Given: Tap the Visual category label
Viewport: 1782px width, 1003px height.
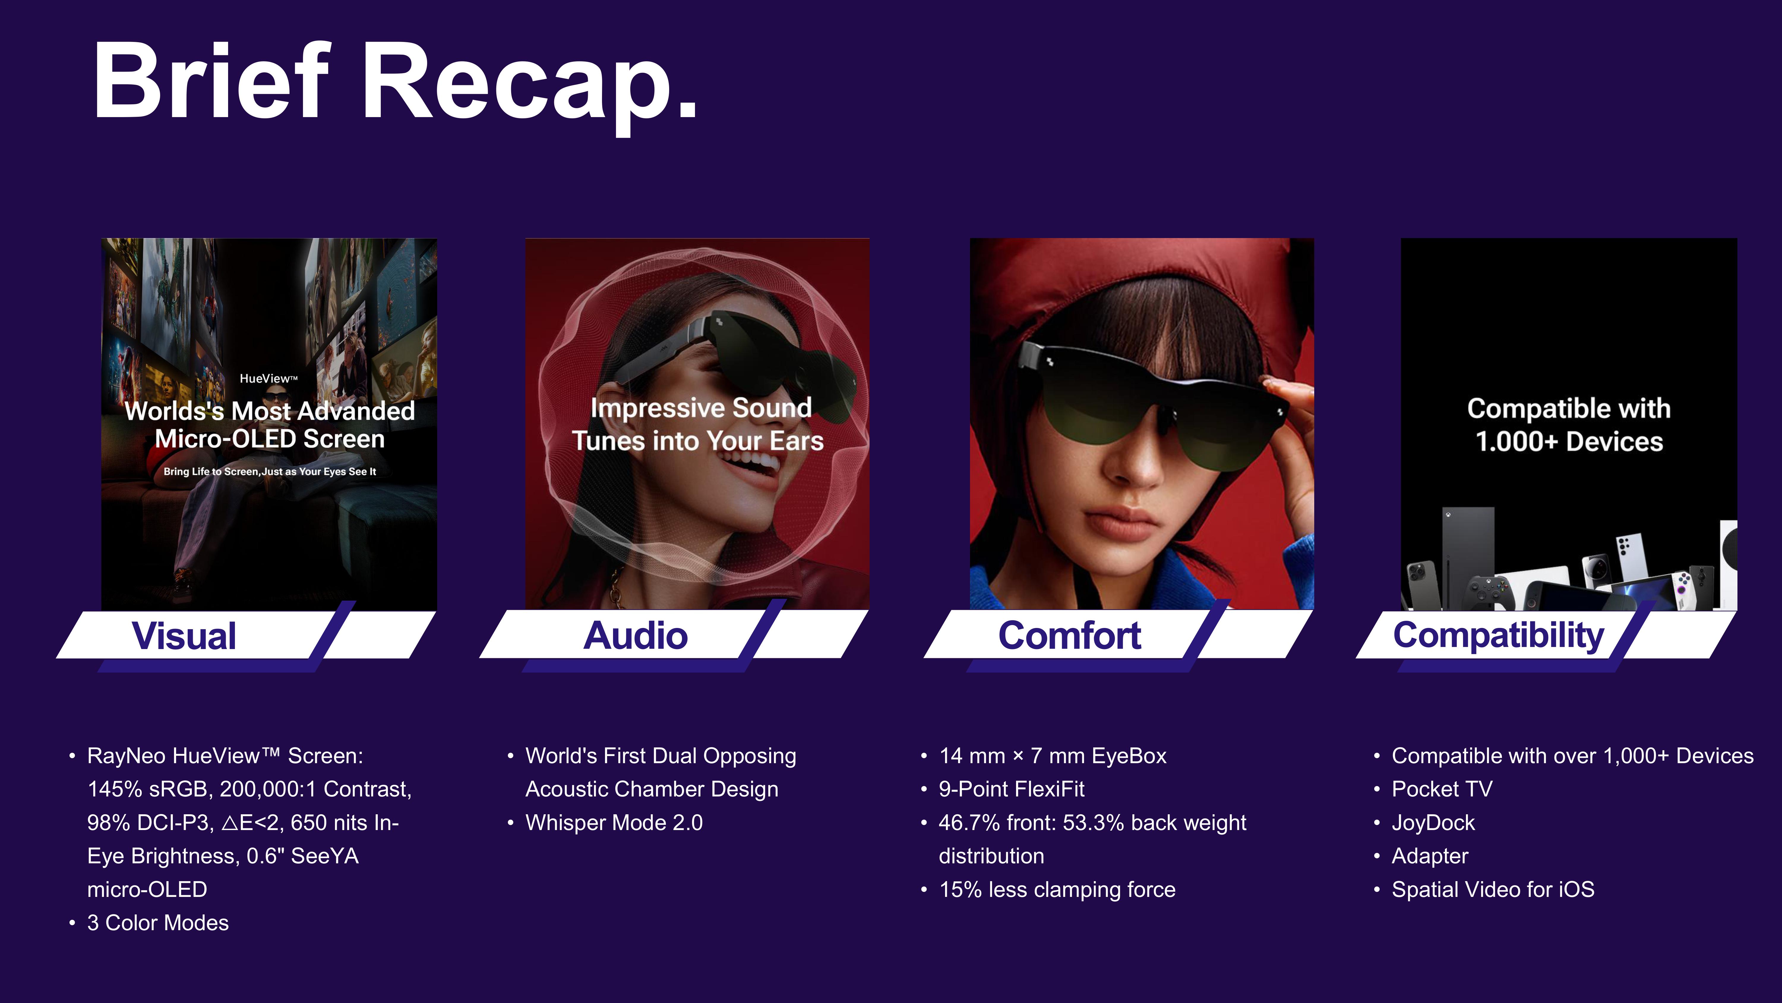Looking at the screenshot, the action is coord(184,635).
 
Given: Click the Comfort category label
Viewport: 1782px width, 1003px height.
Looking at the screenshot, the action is coord(1069,635).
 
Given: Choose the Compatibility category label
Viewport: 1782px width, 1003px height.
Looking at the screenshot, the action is coord(1498,635).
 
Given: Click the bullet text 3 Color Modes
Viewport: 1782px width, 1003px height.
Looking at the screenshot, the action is coord(158,923).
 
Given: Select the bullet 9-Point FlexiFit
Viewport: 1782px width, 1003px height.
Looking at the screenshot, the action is coord(1011,789).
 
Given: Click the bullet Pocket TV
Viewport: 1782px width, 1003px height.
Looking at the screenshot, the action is coord(1442,789).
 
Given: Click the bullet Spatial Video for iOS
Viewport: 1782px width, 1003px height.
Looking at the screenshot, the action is coord(1493,889).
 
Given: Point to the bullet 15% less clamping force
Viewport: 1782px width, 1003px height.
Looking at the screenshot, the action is coord(1057,889).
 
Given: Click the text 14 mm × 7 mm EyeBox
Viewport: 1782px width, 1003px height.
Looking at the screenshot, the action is coord(1052,756).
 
